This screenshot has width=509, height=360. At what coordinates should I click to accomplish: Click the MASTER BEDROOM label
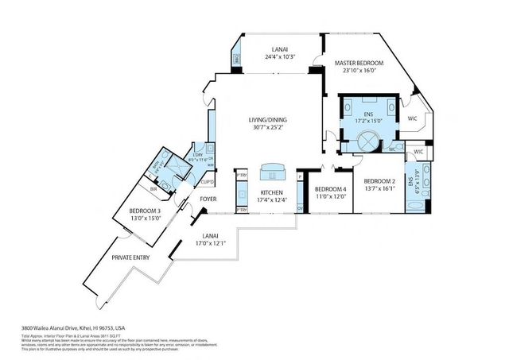pyautogui.click(x=359, y=63)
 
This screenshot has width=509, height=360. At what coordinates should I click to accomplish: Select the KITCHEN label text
pyautogui.click(x=272, y=193)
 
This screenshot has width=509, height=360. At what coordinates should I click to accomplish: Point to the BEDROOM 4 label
pyautogui.click(x=328, y=188)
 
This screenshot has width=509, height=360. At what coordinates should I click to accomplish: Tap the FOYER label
pyautogui.click(x=208, y=199)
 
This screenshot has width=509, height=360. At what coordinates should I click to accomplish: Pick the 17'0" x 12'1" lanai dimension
pyautogui.click(x=211, y=242)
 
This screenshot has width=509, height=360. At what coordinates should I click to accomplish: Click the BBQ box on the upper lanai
pyautogui.click(x=237, y=60)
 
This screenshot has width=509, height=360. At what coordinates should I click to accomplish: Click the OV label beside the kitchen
pyautogui.click(x=300, y=208)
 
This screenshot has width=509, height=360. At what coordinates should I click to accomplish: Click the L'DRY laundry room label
pyautogui.click(x=198, y=153)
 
